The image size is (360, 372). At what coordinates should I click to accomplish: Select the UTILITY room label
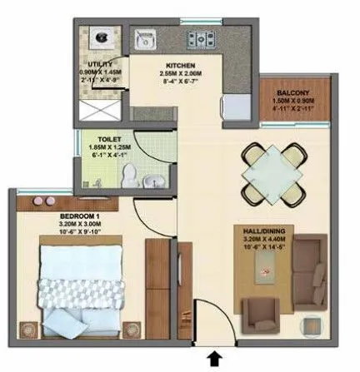(x=102, y=63)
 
